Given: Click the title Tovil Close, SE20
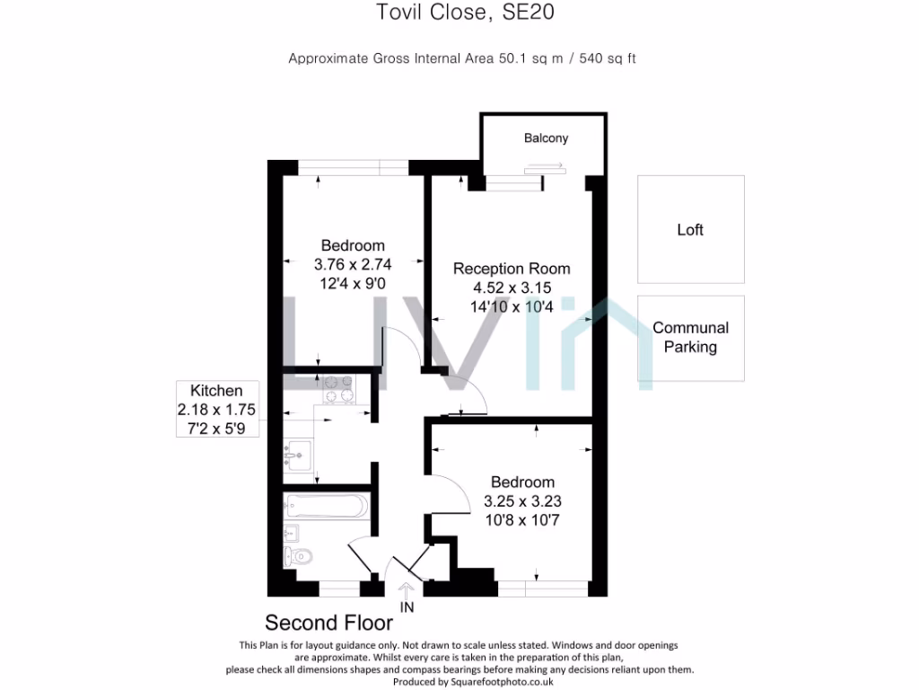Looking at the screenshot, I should [459, 13].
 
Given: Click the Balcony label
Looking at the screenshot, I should [546, 138].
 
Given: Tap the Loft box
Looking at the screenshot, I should [690, 230].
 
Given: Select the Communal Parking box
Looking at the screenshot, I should [690, 337].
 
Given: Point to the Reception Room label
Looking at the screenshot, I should [511, 269].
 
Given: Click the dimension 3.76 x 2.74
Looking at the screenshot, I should [353, 265].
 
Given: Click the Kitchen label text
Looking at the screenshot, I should [216, 391].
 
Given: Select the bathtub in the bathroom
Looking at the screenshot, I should [325, 505].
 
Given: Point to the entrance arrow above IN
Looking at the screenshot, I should [406, 590].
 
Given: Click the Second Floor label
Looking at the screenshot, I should [328, 623].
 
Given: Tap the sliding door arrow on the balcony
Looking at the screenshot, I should [544, 166].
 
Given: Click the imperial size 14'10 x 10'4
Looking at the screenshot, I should [511, 306].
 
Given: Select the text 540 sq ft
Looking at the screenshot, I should [606, 58].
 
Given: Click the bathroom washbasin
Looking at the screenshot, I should [291, 533].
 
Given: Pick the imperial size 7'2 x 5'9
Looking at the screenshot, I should [216, 429].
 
